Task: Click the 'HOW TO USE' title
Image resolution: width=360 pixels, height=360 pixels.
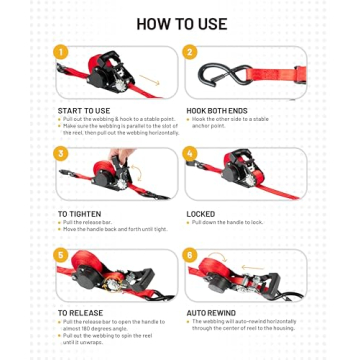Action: point(181,22)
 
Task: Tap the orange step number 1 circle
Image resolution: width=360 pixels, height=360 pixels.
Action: point(61,52)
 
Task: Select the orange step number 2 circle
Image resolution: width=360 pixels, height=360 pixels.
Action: point(189,52)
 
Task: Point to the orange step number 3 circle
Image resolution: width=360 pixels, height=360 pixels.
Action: point(61,154)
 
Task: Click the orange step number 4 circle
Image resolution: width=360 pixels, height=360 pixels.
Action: point(190,154)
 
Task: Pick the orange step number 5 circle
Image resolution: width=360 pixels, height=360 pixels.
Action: point(61,256)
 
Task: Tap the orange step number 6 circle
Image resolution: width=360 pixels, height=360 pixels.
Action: point(190,256)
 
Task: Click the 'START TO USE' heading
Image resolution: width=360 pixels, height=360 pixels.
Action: point(84,110)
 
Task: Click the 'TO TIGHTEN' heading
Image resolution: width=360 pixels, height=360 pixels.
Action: point(79,213)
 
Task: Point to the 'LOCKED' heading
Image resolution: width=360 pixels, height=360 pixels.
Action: point(201,213)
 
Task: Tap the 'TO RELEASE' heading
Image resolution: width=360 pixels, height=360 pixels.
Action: point(79,313)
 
